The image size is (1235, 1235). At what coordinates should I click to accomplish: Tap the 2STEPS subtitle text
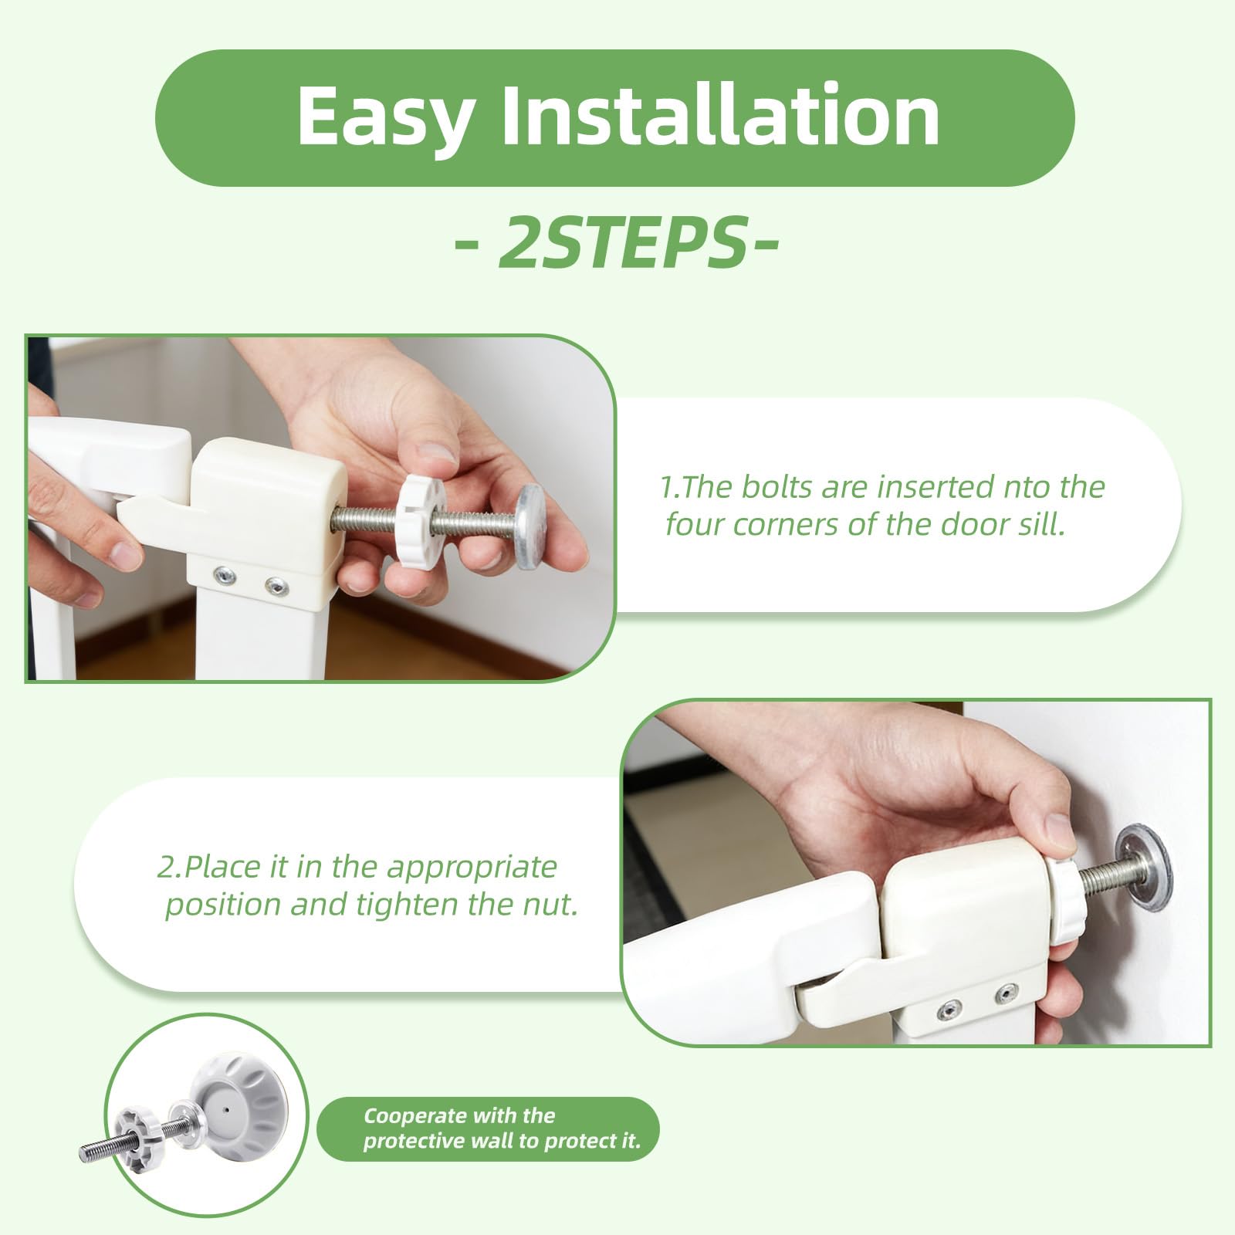[x=616, y=242]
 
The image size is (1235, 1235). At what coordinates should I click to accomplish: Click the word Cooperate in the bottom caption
[x=415, y=1116]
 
